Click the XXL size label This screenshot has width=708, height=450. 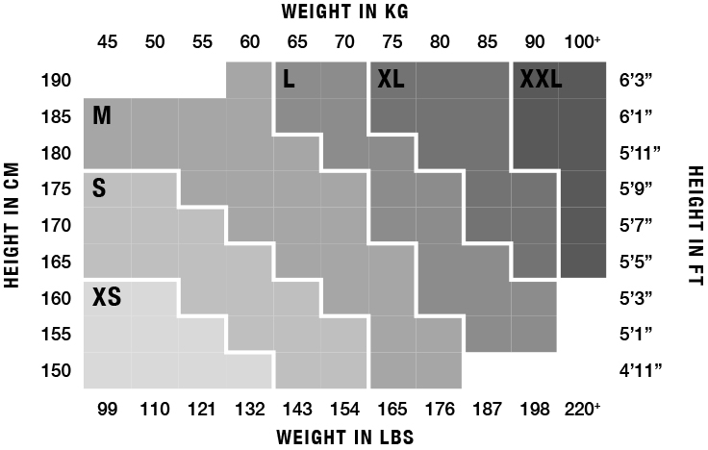541,80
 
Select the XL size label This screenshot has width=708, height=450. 392,80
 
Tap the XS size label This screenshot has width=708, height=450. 107,296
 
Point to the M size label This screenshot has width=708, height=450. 102,116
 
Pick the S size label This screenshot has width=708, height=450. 99,188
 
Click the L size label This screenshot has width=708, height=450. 289,80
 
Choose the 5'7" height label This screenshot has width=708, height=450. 637,225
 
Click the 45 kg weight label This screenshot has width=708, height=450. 108,42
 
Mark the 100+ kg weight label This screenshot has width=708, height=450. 583,42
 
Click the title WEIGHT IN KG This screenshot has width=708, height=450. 345,12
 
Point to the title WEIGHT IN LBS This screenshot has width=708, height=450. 345,437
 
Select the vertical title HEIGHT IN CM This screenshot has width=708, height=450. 13,225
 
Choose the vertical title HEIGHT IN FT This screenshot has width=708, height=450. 695,225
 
